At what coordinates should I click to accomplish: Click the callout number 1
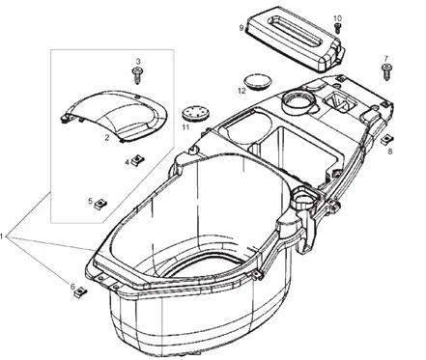2,236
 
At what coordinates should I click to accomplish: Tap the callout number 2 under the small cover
107,138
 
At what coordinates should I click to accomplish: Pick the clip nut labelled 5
100,204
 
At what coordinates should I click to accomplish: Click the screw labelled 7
386,72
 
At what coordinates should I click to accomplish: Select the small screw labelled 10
337,28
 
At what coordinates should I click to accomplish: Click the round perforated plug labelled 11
195,115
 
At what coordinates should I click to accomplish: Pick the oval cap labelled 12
259,82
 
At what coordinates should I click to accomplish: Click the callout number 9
241,28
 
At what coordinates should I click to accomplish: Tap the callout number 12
241,91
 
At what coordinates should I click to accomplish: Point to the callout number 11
185,127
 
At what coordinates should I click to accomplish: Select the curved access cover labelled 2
113,117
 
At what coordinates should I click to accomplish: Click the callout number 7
386,59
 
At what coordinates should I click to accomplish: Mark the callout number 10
338,18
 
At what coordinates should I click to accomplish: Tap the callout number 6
72,287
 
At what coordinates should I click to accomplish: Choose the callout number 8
390,152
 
